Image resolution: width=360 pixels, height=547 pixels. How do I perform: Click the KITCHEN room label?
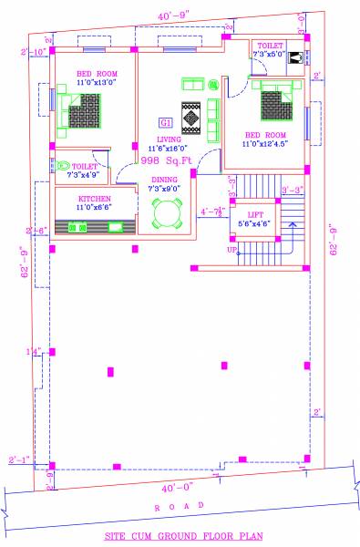pyautogui.click(x=94, y=198)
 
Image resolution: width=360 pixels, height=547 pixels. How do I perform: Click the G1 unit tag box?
pyautogui.click(x=166, y=123)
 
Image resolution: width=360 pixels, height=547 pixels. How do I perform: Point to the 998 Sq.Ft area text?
pyautogui.click(x=167, y=160)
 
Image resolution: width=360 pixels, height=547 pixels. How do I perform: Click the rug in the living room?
pyautogui.click(x=191, y=117)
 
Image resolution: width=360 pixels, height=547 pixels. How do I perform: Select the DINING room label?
pyautogui.click(x=164, y=180)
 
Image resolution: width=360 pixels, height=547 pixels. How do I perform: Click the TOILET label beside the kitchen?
pyautogui.click(x=85, y=167)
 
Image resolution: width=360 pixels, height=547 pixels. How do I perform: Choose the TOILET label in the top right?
pyautogui.click(x=270, y=45)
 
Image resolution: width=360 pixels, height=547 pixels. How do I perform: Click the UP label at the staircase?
pyautogui.click(x=232, y=249)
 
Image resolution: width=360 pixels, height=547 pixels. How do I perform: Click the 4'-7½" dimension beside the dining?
pyautogui.click(x=211, y=212)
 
